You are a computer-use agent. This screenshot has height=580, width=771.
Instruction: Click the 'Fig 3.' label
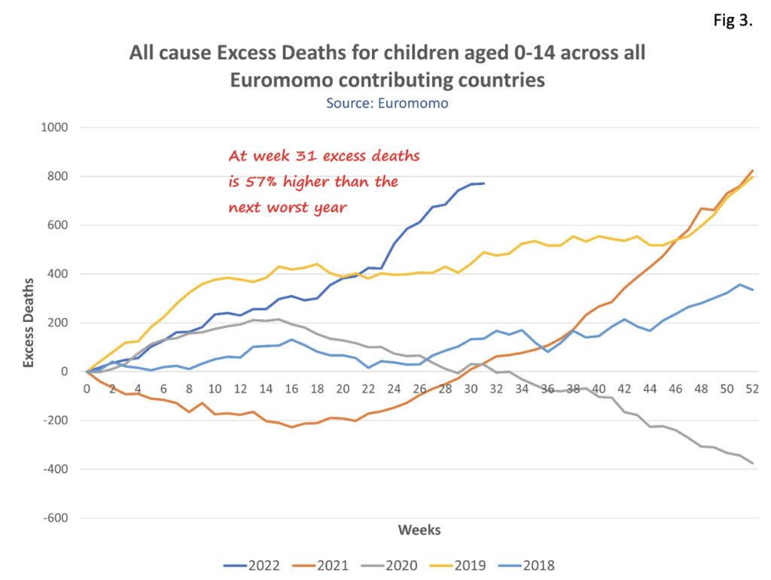click(x=733, y=20)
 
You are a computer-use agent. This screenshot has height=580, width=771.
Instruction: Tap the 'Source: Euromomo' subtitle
click(x=387, y=103)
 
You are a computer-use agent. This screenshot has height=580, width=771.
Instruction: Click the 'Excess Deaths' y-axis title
click(x=29, y=323)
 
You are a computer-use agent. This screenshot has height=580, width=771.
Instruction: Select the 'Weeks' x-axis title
click(x=419, y=530)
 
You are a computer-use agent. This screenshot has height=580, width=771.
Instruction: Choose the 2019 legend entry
click(x=493, y=565)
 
